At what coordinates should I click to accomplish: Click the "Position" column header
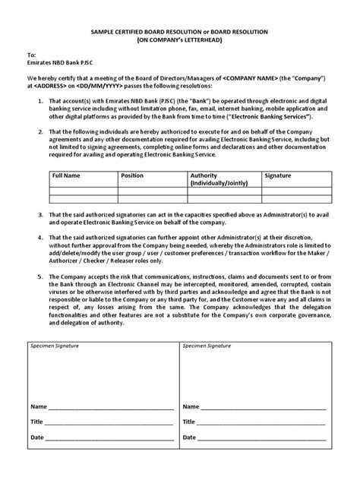point(132,175)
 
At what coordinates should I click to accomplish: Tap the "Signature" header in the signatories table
point(277,175)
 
